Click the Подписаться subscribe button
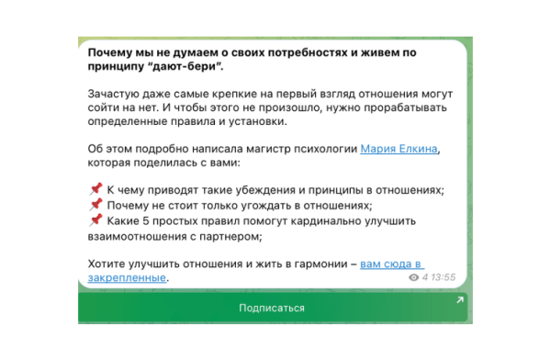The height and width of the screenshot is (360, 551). coord(272,308)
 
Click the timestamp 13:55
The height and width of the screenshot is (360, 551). coord(444,276)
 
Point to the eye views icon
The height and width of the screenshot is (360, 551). coord(414,276)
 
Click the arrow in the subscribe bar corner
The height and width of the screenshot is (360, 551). coord(459,300)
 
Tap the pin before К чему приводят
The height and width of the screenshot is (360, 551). coord(96,189)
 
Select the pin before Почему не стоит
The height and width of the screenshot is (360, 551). coord(96,205)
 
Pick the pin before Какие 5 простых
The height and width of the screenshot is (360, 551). coord(96,220)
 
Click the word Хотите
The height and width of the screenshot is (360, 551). coord(108,264)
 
